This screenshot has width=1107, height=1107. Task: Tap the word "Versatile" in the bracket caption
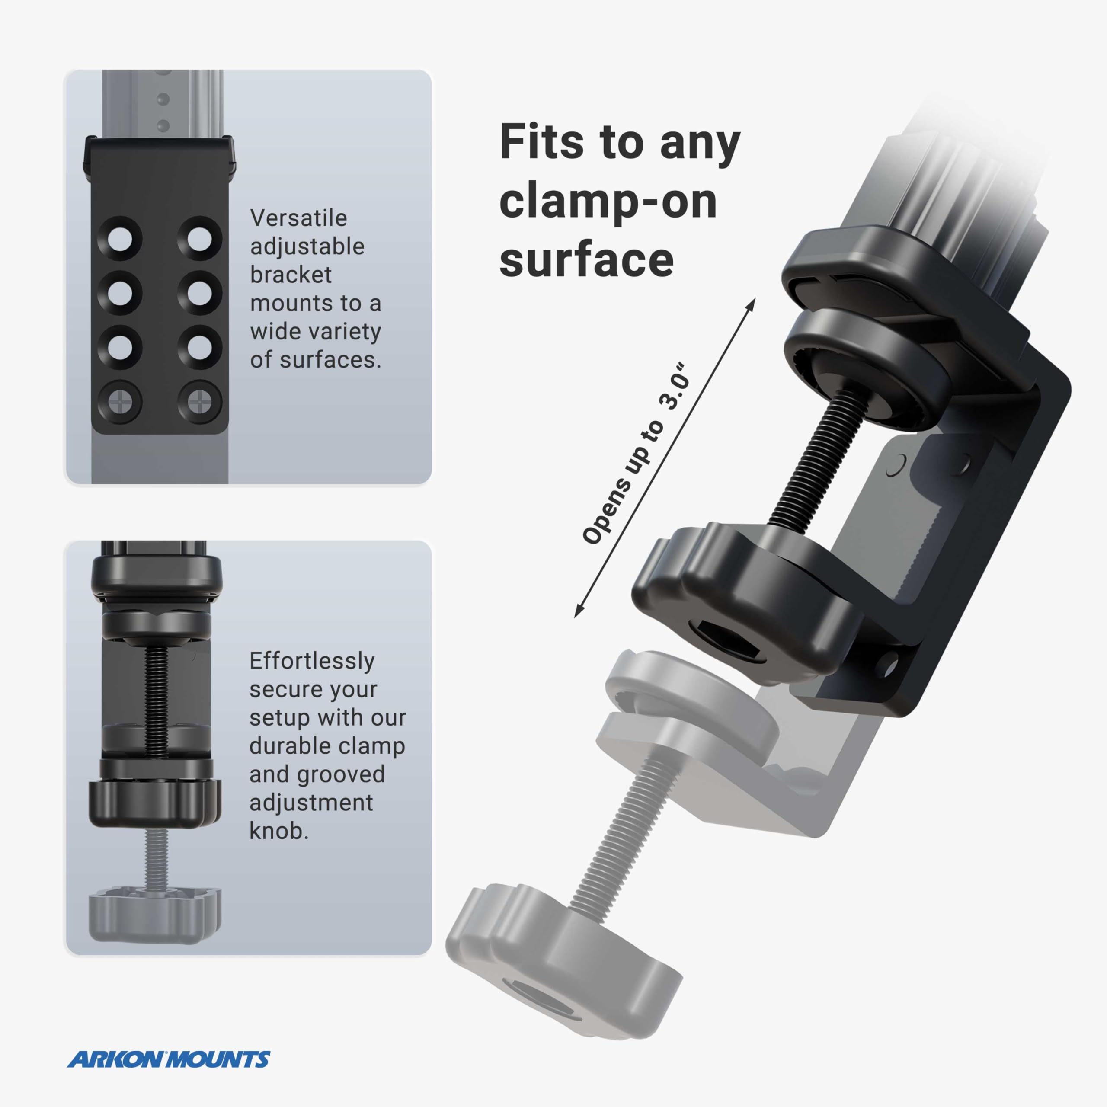tap(298, 218)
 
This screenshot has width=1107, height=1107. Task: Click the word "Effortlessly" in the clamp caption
tap(312, 661)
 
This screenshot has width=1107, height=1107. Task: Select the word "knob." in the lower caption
tap(279, 831)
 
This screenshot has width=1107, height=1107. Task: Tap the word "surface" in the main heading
tap(586, 259)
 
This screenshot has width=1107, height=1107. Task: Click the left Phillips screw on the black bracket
tap(120, 402)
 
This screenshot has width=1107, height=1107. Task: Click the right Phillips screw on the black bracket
tap(199, 402)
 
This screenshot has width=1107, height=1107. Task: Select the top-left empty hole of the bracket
tap(120, 238)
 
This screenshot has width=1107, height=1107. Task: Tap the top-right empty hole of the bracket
tap(199, 238)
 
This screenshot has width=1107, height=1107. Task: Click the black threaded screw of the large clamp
tap(808, 458)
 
